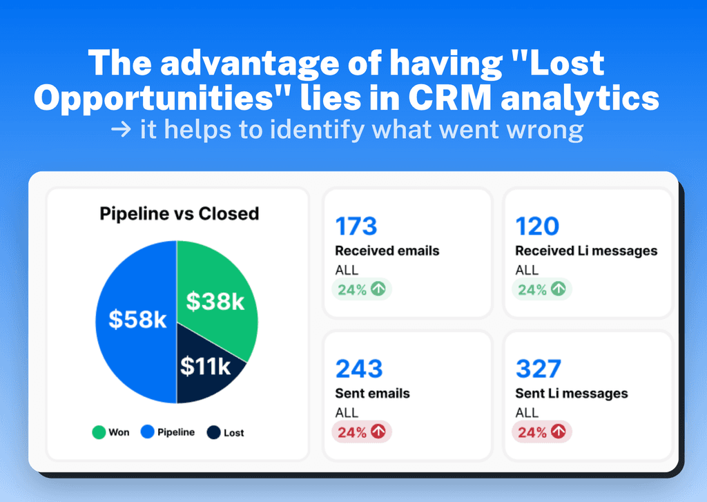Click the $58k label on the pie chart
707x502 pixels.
click(x=138, y=320)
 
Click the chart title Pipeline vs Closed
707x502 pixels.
click(x=179, y=213)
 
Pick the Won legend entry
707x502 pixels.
click(x=110, y=432)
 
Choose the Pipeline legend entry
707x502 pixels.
click(x=167, y=432)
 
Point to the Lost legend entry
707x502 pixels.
click(x=225, y=432)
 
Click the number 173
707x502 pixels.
click(x=356, y=226)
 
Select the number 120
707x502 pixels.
click(x=537, y=226)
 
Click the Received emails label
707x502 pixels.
click(x=387, y=251)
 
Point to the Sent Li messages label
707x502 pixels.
click(x=571, y=393)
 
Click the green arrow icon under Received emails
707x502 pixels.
click(x=378, y=289)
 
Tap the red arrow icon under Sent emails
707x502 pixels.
click(x=378, y=432)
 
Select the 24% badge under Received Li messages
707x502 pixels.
click(x=542, y=289)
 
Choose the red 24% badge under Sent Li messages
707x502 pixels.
click(x=542, y=432)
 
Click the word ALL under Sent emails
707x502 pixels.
click(x=347, y=412)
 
